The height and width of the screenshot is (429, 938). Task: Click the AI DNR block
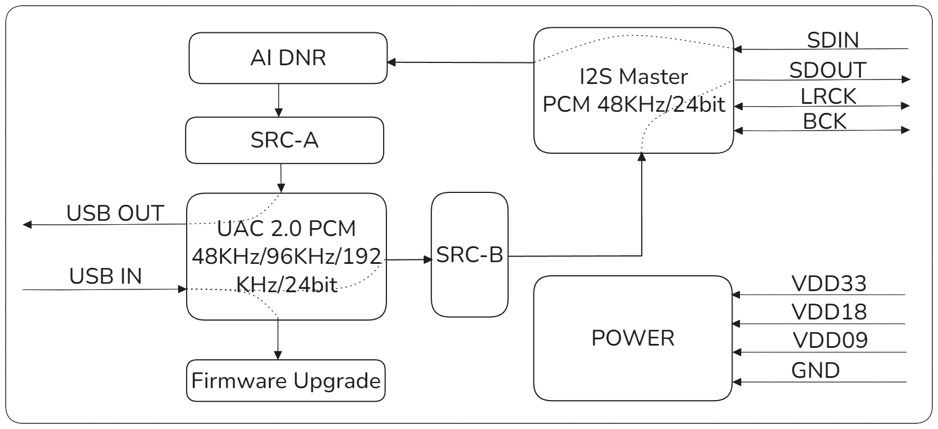tap(288, 58)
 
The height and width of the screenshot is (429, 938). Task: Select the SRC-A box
tap(284, 140)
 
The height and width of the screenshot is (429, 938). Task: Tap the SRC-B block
tap(469, 255)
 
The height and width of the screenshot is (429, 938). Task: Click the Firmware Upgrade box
tap(285, 380)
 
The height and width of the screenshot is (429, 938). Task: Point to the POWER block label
tap(633, 338)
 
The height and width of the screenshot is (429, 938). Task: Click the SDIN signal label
tap(832, 40)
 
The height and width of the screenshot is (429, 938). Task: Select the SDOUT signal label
tap(827, 70)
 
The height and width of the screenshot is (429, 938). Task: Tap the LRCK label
tap(828, 96)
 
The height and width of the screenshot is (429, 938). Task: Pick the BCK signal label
tap(825, 121)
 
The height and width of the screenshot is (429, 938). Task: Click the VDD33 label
tap(828, 284)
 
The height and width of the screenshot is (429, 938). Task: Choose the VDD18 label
tap(828, 312)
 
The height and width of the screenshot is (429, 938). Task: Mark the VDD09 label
tap(830, 340)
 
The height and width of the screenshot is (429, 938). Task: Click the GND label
tap(815, 371)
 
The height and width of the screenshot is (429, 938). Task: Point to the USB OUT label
tap(115, 213)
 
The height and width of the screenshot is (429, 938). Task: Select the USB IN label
tap(106, 276)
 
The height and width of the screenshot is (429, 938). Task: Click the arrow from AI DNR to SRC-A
tap(278, 100)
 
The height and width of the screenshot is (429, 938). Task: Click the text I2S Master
tap(633, 77)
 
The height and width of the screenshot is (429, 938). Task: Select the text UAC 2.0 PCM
tap(287, 229)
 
